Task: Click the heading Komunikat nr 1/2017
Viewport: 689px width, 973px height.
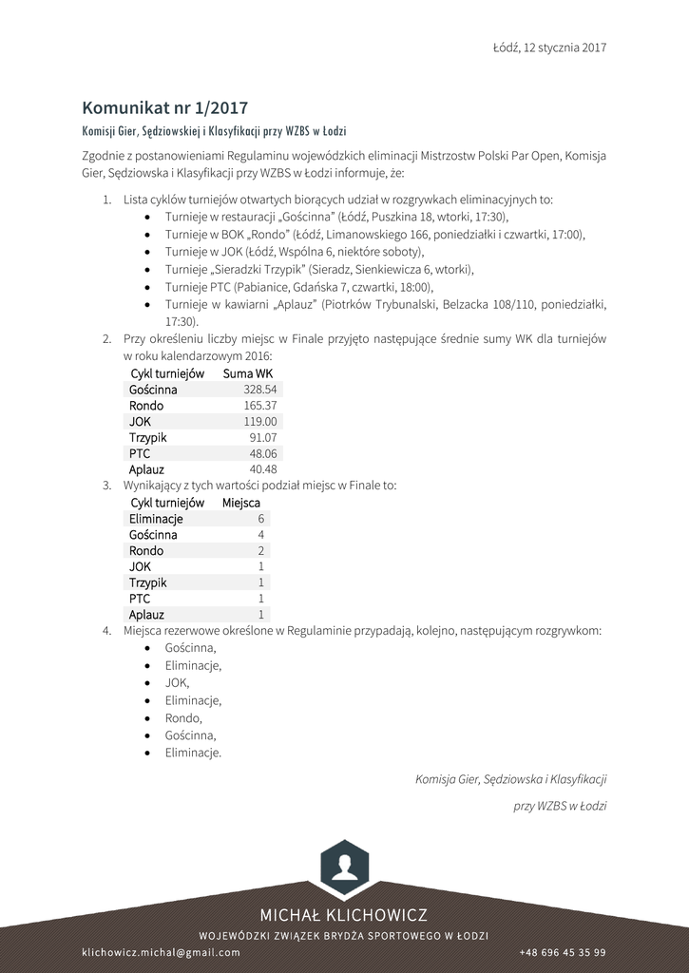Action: [164, 107]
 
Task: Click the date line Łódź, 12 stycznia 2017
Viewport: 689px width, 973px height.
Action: [549, 47]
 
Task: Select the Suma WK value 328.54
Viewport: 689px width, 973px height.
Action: [259, 390]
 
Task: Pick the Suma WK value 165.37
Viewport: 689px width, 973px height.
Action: [259, 406]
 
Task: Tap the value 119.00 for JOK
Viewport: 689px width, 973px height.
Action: [259, 422]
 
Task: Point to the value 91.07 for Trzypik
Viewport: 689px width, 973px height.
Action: [262, 438]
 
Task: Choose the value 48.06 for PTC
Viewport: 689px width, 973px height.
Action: [262, 453]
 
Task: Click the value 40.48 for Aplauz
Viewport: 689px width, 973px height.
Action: [262, 469]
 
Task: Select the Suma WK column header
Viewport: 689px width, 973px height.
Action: [247, 373]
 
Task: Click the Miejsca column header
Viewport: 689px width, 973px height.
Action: [240, 503]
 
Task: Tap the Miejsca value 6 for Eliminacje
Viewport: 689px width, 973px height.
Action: [260, 519]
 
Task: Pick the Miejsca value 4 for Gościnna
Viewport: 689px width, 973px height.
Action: [260, 535]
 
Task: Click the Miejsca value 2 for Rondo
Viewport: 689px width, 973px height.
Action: [260, 551]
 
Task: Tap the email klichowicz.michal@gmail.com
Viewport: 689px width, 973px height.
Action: [161, 952]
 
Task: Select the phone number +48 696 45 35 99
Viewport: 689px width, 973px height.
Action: [563, 952]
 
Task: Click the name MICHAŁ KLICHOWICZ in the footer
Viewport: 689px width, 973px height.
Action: [344, 915]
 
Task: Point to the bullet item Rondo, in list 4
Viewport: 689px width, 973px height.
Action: [183, 718]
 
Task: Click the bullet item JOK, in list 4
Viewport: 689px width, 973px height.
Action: [177, 682]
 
